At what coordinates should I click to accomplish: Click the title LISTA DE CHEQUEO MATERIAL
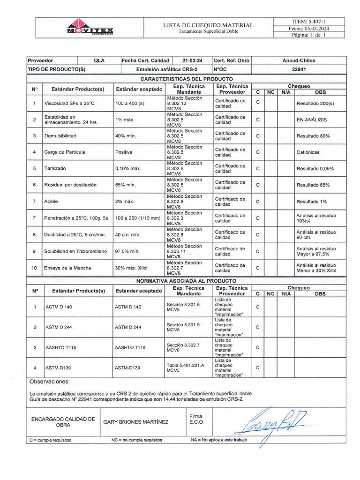pyautogui.click(x=208, y=25)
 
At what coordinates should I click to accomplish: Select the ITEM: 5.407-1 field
pyautogui.click(x=309, y=21)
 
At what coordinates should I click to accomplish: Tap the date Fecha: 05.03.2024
pyautogui.click(x=309, y=28)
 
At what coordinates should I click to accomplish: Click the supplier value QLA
pyautogui.click(x=99, y=60)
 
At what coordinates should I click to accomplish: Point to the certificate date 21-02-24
pyautogui.click(x=192, y=60)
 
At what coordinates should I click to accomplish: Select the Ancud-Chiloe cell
pyautogui.click(x=299, y=60)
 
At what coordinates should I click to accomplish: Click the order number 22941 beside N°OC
pyautogui.click(x=299, y=69)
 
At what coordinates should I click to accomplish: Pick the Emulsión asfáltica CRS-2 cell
pyautogui.click(x=167, y=69)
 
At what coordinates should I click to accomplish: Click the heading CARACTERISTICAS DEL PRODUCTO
pyautogui.click(x=187, y=79)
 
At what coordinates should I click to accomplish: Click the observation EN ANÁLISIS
pyautogui.click(x=312, y=120)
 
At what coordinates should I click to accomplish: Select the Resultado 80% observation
pyautogui.click(x=313, y=136)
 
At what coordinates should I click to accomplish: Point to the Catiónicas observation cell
pyautogui.click(x=308, y=152)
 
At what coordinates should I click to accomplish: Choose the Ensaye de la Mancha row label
pyautogui.click(x=67, y=268)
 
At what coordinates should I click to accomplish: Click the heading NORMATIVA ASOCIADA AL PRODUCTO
pyautogui.click(x=186, y=280)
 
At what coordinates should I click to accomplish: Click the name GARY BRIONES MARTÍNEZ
pyautogui.click(x=135, y=421)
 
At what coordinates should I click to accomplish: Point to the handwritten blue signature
pyautogui.click(x=274, y=424)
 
